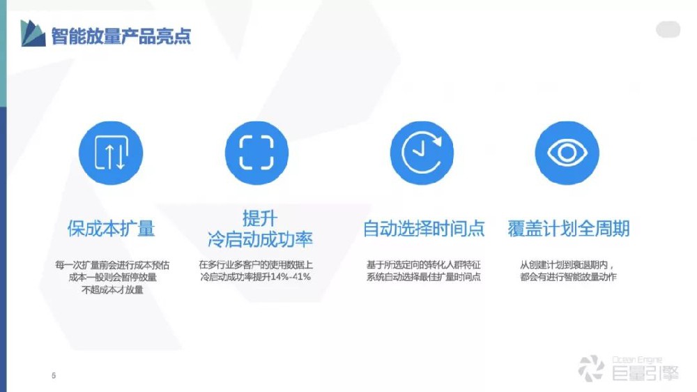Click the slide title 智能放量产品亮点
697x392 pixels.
[x=121, y=36]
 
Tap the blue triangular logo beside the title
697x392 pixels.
[x=33, y=33]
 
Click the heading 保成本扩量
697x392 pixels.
[x=111, y=228]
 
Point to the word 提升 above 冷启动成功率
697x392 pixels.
[x=260, y=218]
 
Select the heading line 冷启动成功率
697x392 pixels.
[x=260, y=240]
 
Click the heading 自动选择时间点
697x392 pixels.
[x=424, y=228]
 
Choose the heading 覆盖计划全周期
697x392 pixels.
[x=569, y=228]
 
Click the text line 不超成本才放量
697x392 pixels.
[x=112, y=289]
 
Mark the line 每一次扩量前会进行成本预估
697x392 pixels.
[x=112, y=265]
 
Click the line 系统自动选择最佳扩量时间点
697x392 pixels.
[x=424, y=277]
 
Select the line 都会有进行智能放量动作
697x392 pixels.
[x=567, y=277]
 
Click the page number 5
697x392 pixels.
[x=54, y=376]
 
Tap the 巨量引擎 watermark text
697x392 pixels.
[x=645, y=373]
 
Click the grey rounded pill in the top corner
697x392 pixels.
[x=668, y=30]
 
